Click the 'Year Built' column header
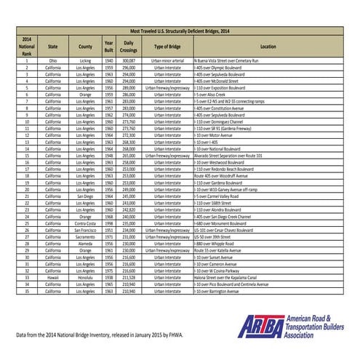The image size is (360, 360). coord(108,46)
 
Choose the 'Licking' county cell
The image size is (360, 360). coord(85,61)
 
